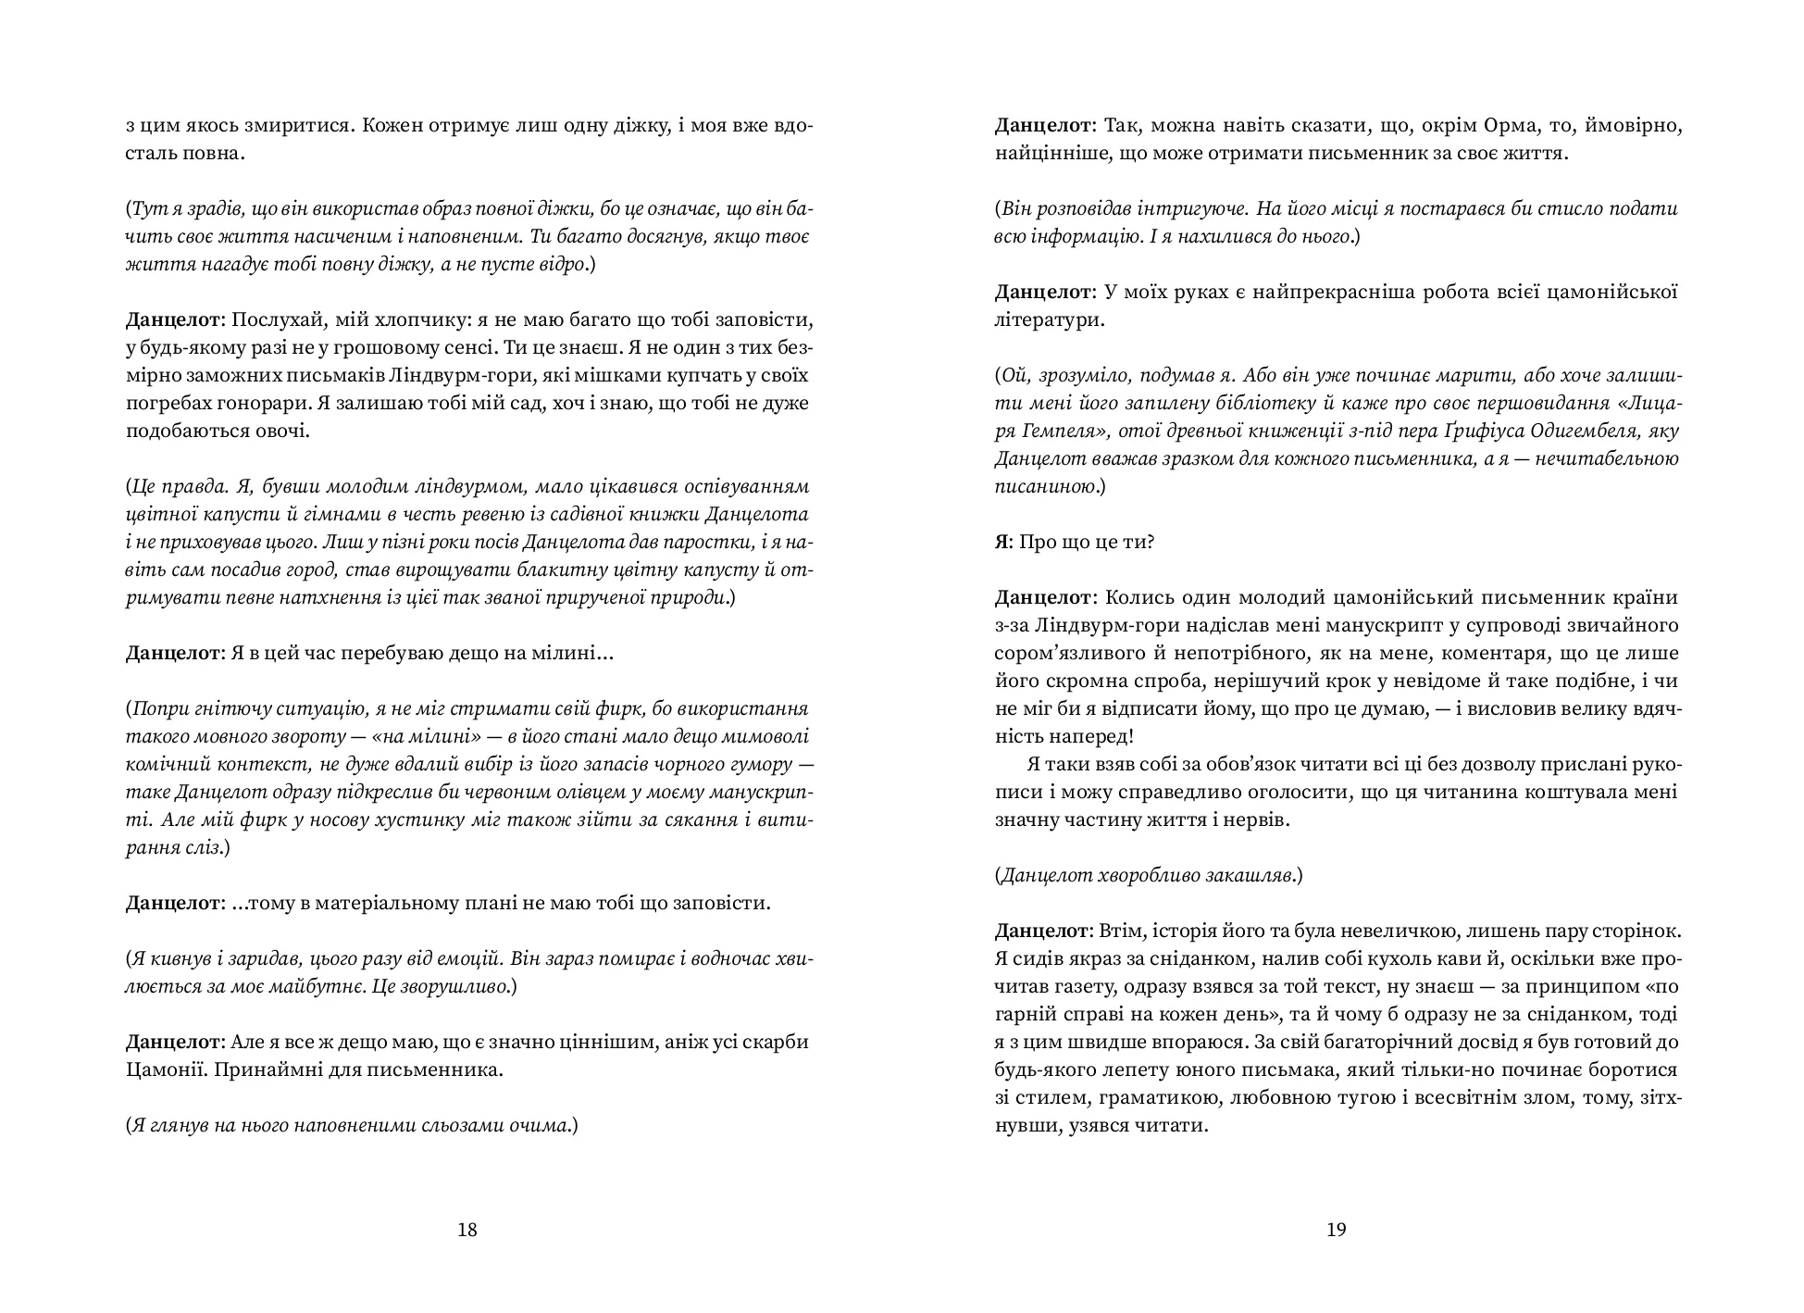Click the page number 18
467,1230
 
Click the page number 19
1336,1230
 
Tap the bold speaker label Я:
1004,542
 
